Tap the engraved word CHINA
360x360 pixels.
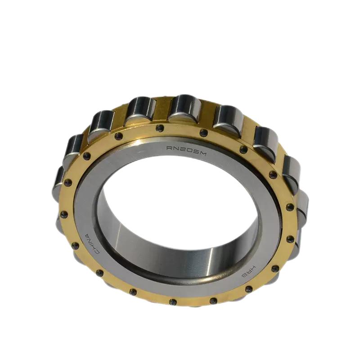coord(91,243)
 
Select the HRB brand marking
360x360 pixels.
coord(249,272)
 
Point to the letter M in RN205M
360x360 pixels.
coord(202,153)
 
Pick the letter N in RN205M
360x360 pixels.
coord(176,148)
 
